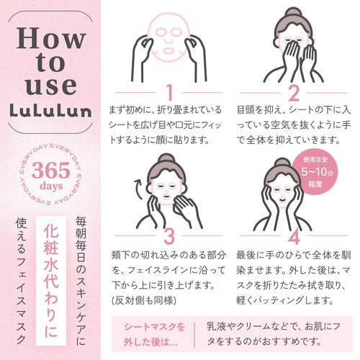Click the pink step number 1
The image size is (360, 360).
170,92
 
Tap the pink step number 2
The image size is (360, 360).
294,92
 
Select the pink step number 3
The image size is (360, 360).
169,235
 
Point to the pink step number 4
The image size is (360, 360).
294,235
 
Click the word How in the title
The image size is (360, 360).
51,38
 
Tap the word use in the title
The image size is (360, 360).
51,85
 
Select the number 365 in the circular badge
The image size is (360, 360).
51,170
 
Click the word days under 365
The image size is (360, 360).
51,186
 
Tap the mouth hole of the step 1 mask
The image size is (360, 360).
169,50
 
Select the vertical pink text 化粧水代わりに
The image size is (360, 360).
51,280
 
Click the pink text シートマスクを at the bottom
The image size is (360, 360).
155,327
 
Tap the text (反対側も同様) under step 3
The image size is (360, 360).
144,300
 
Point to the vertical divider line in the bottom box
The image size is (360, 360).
194,335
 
